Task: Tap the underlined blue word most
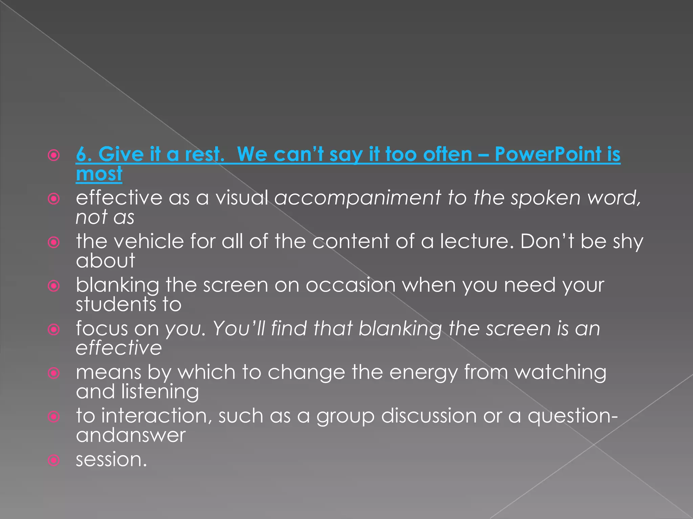pyautogui.click(x=99, y=174)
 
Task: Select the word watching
pyautogui.click(x=560, y=373)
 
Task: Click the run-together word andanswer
pyautogui.click(x=131, y=435)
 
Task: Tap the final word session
pyautogui.click(x=111, y=460)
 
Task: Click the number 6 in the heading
pyautogui.click(x=82, y=154)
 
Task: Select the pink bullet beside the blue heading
pyautogui.click(x=54, y=155)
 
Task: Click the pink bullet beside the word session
pyautogui.click(x=54, y=460)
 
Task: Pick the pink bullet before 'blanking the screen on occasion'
pyautogui.click(x=54, y=286)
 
